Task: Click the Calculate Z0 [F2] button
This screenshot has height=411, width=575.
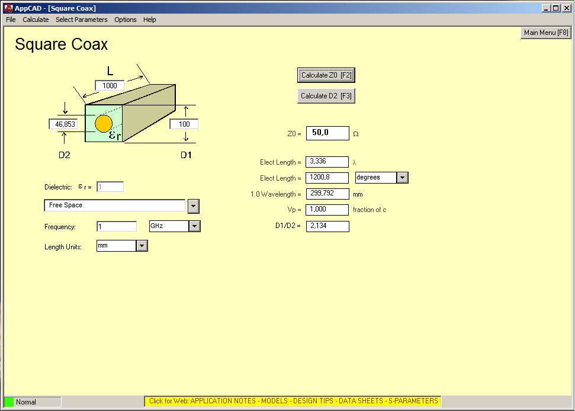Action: (x=326, y=75)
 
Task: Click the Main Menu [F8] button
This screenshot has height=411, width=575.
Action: (x=546, y=33)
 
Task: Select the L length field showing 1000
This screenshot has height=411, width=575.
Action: (x=110, y=86)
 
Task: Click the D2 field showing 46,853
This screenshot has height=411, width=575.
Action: (x=63, y=124)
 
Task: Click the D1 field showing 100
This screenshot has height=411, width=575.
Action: (x=184, y=124)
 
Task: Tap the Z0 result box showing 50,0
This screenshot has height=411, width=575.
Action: (x=327, y=133)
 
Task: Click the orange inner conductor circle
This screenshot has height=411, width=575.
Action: (x=104, y=124)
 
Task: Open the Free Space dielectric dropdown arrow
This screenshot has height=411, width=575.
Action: (x=194, y=207)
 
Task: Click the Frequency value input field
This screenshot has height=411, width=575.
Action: (x=117, y=227)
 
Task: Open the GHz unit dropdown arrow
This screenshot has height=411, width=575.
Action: (x=195, y=226)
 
